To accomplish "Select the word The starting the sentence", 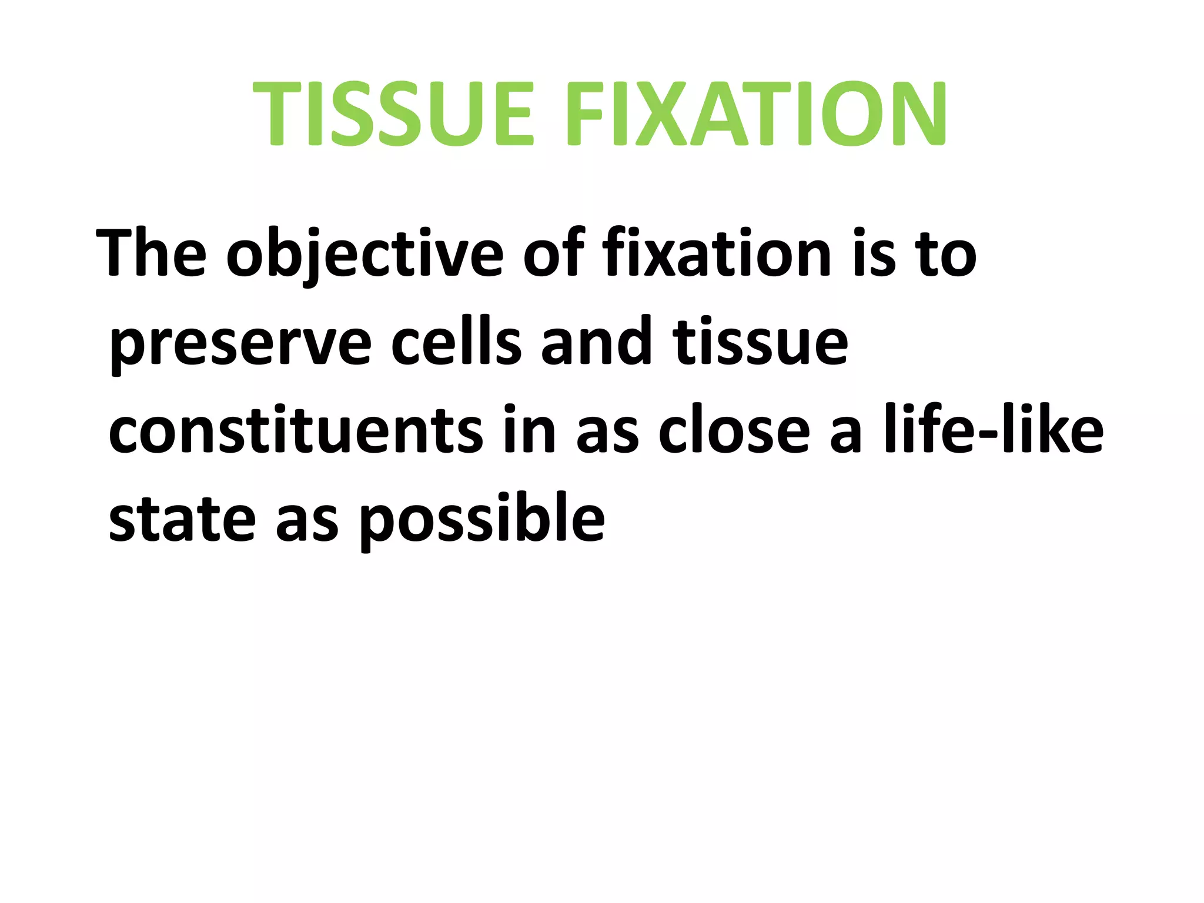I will [x=151, y=254].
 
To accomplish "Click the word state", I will [x=182, y=520].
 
